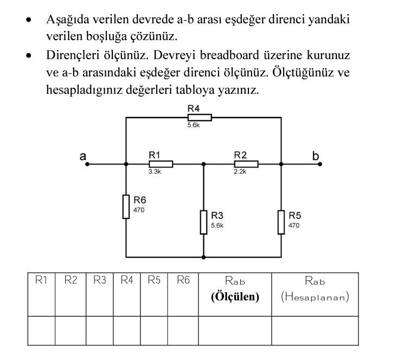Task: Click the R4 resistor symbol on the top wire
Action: [200, 117]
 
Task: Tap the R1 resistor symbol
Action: [161, 164]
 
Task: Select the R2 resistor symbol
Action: [246, 164]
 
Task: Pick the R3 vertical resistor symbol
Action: [203, 222]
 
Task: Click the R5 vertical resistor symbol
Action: [281, 222]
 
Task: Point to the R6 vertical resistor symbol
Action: [126, 207]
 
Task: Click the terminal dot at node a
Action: [86, 164]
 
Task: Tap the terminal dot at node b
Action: [319, 164]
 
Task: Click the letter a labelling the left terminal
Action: [83, 156]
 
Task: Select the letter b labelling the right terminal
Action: [316, 156]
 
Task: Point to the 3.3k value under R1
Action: [155, 172]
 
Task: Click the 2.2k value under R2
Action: [240, 172]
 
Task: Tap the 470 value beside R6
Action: [139, 209]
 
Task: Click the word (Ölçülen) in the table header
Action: [235, 297]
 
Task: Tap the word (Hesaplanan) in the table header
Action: [315, 297]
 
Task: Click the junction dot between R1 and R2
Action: [203, 164]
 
